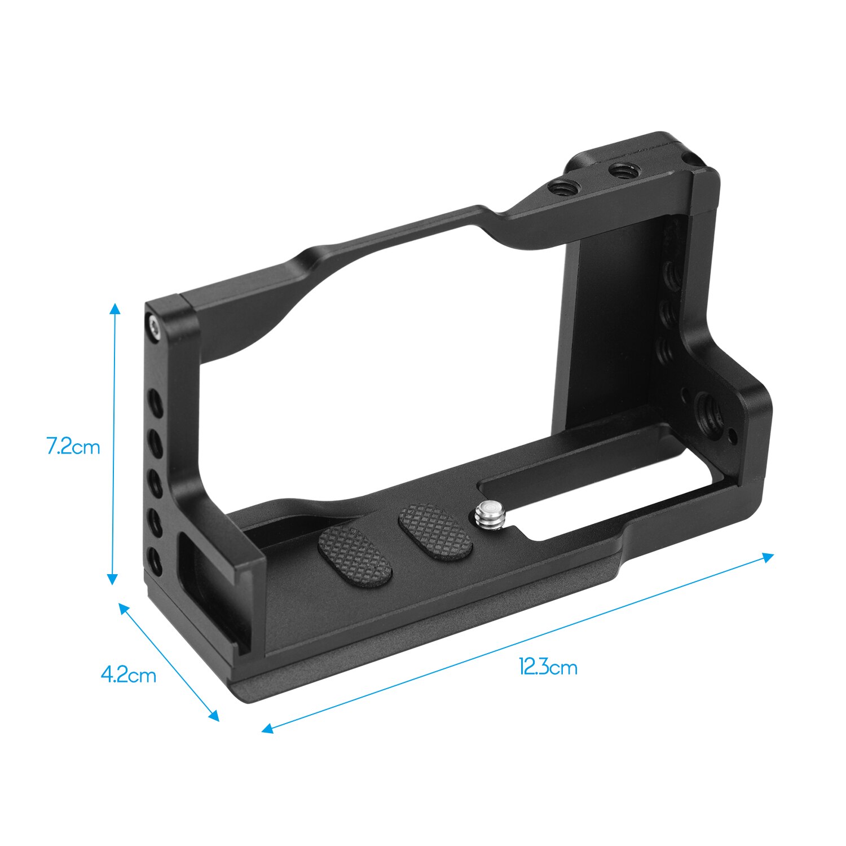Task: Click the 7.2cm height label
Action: pyautogui.click(x=73, y=447)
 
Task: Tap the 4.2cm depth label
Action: pyautogui.click(x=129, y=675)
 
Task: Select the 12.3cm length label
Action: pyautogui.click(x=548, y=668)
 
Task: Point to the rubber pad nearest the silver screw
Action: pyautogui.click(x=435, y=531)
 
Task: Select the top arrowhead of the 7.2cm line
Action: pyautogui.click(x=115, y=307)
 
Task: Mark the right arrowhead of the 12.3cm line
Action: pyautogui.click(x=769, y=556)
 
